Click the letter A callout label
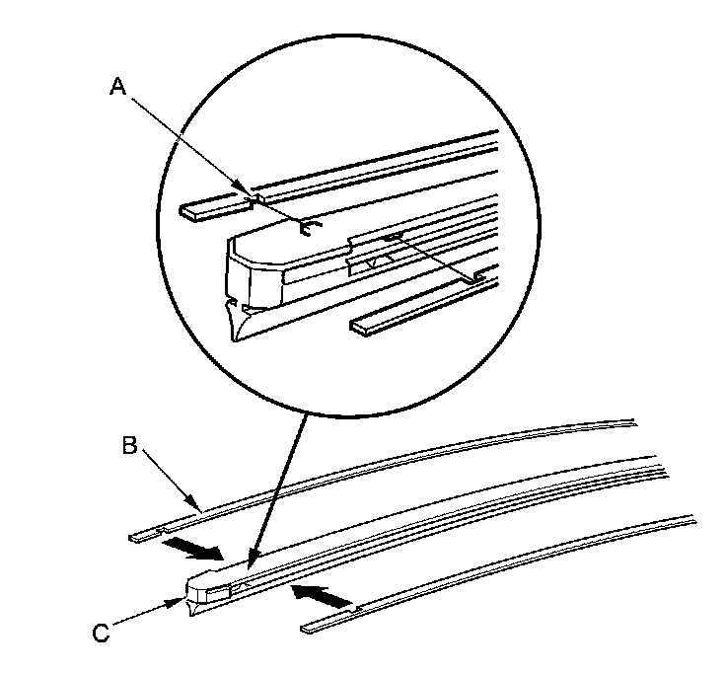click(x=117, y=87)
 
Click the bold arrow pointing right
click(x=188, y=546)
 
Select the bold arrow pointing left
click(x=321, y=595)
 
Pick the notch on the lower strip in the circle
click(x=478, y=278)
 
